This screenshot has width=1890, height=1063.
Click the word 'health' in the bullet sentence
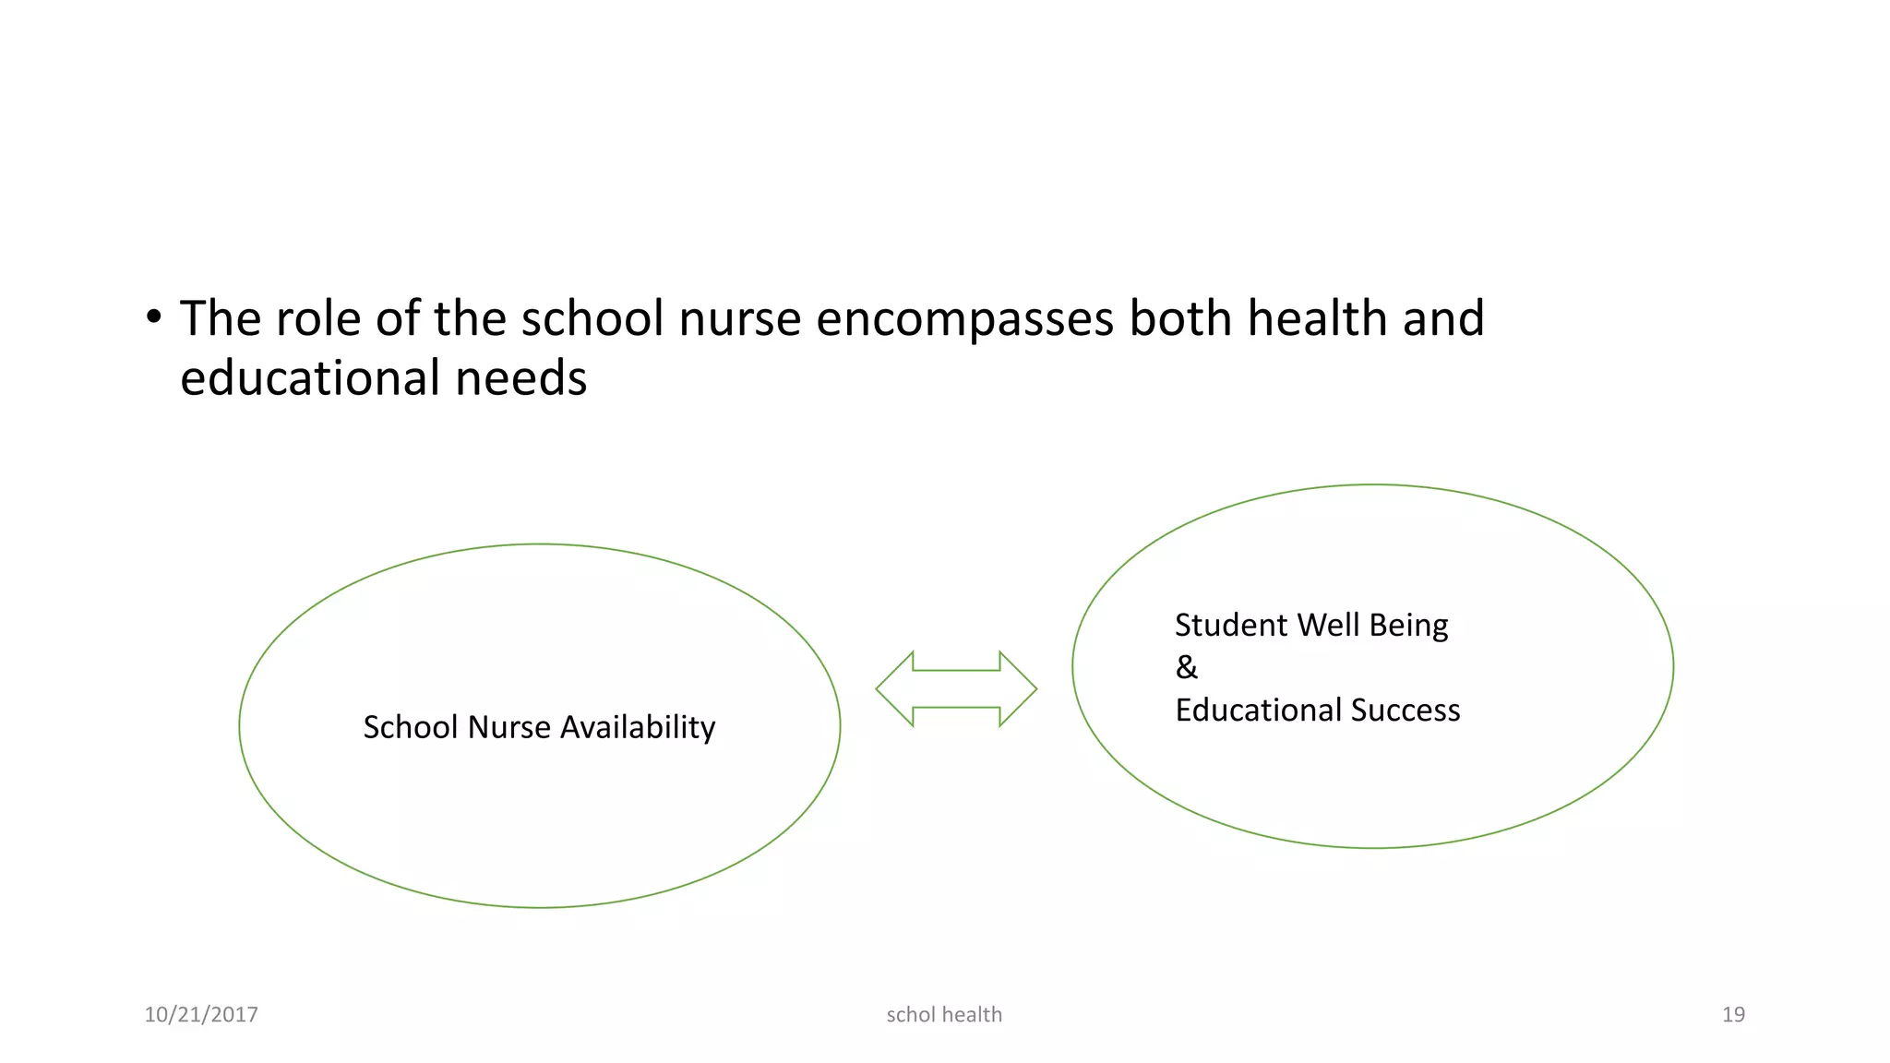coord(1317,319)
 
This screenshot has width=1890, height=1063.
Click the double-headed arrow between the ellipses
coord(956,689)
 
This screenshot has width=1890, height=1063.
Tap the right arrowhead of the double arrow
coord(1019,689)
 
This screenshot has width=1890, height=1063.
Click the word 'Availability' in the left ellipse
coord(638,728)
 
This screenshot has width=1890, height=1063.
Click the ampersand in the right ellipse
coord(1187,667)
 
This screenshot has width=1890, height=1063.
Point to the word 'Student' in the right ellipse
coord(1231,626)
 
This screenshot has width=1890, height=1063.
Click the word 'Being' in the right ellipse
coord(1408,626)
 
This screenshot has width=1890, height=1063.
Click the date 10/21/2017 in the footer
coord(201,1015)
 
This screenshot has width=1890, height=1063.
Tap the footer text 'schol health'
coord(944,1015)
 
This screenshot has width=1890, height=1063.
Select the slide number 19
coord(1733,1015)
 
